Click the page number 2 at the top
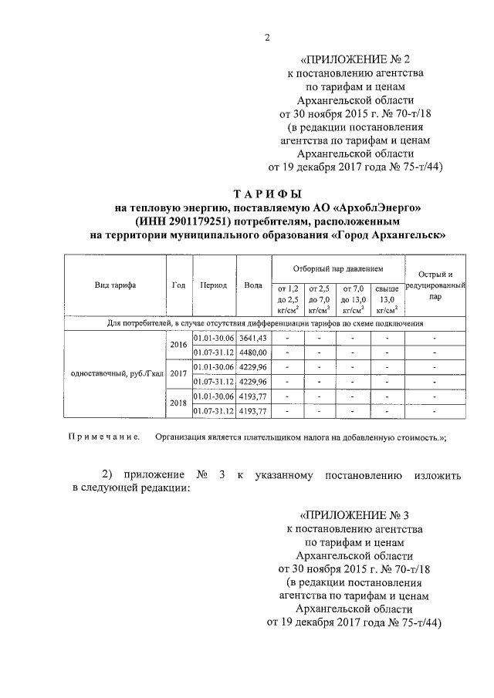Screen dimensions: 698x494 [266, 39]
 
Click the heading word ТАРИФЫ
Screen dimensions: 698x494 [267, 194]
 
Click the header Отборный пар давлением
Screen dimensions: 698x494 [337, 269]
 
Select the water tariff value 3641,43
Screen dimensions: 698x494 [252, 338]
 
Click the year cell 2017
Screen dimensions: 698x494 [178, 374]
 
